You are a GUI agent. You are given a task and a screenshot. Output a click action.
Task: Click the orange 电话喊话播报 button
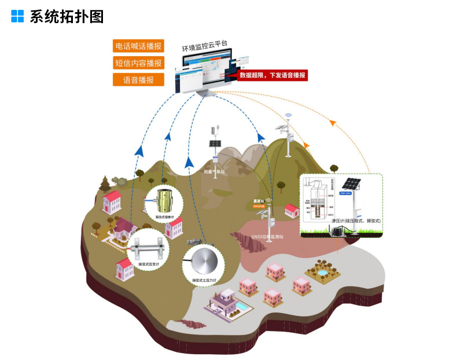(x=138, y=46)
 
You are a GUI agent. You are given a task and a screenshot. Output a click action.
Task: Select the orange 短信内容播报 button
(x=138, y=63)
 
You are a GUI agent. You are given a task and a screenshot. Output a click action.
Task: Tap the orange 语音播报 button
(x=138, y=80)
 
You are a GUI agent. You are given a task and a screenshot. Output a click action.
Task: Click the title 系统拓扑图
(x=67, y=16)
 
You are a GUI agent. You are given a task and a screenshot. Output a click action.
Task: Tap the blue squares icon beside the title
(x=17, y=16)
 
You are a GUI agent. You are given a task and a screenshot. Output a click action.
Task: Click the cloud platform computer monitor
(x=205, y=72)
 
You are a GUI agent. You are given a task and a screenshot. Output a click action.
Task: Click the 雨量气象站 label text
(x=214, y=172)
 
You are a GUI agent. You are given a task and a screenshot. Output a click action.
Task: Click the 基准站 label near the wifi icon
(x=258, y=201)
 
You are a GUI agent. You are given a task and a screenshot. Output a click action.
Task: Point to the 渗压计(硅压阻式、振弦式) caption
(x=356, y=221)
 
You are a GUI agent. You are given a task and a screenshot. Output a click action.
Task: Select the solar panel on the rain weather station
(x=215, y=143)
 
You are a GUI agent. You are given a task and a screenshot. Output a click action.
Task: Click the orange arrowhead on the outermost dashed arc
(x=332, y=123)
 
